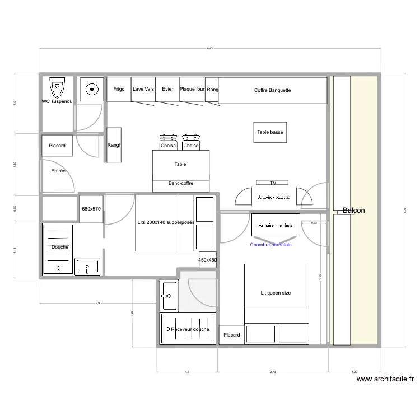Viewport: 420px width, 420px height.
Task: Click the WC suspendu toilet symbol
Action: (57, 88)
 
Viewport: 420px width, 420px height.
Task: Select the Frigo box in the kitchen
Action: (119, 90)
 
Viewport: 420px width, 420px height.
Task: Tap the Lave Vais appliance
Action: (143, 90)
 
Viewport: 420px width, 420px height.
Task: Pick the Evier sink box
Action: (167, 90)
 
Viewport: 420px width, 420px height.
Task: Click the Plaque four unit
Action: (192, 90)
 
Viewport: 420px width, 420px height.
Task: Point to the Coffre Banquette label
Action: (272, 90)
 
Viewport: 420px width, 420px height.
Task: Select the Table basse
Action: (270, 133)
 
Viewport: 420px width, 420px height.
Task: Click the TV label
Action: (273, 183)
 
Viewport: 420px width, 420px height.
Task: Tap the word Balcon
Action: (353, 211)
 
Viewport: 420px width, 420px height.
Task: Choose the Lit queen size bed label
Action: (276, 293)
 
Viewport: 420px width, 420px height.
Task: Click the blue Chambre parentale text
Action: (271, 245)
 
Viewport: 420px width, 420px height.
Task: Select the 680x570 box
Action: (91, 209)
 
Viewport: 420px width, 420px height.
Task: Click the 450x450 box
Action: (207, 260)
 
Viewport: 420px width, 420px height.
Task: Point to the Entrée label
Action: (58, 171)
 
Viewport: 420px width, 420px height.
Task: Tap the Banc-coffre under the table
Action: (181, 184)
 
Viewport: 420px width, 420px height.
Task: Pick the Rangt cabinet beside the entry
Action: (114, 145)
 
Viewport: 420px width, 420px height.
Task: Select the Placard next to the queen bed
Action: (231, 335)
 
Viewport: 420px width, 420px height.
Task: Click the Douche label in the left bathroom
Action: (59, 247)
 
